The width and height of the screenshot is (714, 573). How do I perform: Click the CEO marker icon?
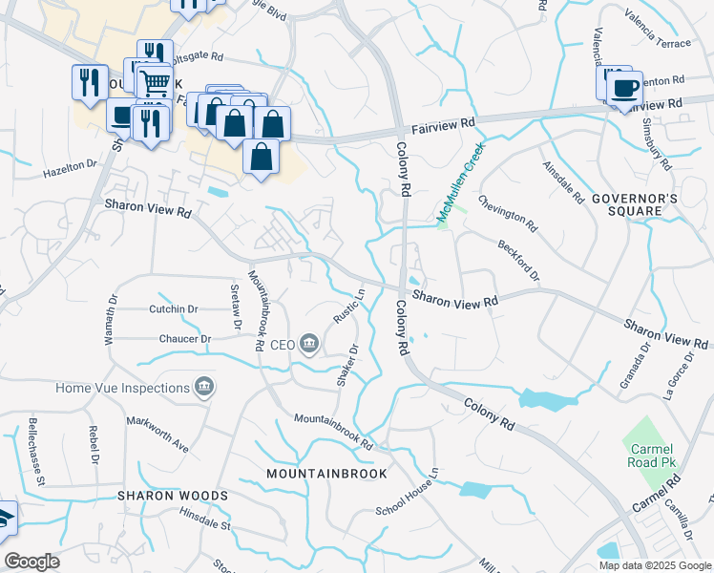pyautogui.click(x=308, y=344)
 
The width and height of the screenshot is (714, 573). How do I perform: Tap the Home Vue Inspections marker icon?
pyautogui.click(x=203, y=387)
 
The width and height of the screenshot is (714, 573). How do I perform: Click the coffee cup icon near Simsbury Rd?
pyautogui.click(x=624, y=89)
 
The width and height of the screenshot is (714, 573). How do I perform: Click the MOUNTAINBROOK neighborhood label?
pyautogui.click(x=327, y=474)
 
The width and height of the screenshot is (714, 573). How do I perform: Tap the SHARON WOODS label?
pyautogui.click(x=173, y=497)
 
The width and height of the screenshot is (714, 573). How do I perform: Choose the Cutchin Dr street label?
pyautogui.click(x=173, y=309)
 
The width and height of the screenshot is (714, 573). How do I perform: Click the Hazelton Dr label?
pyautogui.click(x=71, y=170)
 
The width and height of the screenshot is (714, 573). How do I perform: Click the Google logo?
pyautogui.click(x=31, y=562)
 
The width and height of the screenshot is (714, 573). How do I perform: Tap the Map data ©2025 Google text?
pyautogui.click(x=654, y=565)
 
